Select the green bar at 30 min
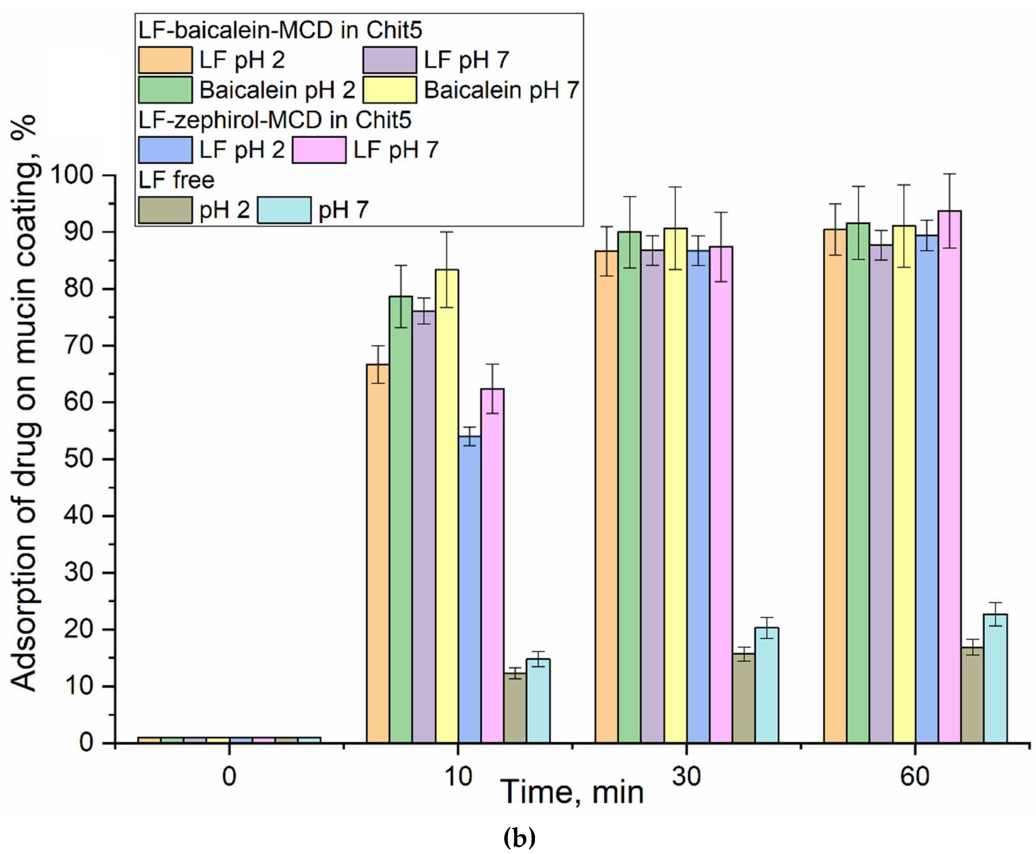pyautogui.click(x=629, y=487)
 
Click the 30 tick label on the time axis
pyautogui.click(x=686, y=776)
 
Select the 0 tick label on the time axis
pyautogui.click(x=229, y=776)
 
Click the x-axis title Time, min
pyautogui.click(x=572, y=793)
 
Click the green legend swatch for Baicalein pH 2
pyautogui.click(x=165, y=90)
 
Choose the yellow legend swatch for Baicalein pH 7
pyautogui.click(x=389, y=90)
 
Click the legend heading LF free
pyautogui.click(x=176, y=180)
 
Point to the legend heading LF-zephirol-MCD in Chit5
pyautogui.click(x=275, y=120)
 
